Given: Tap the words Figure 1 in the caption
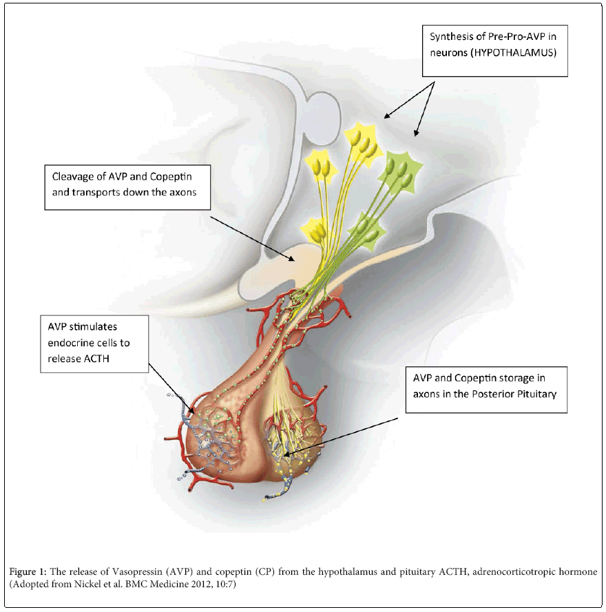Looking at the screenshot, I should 28,571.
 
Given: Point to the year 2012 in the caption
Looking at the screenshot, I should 187,584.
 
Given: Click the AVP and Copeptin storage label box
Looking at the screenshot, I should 485,389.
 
